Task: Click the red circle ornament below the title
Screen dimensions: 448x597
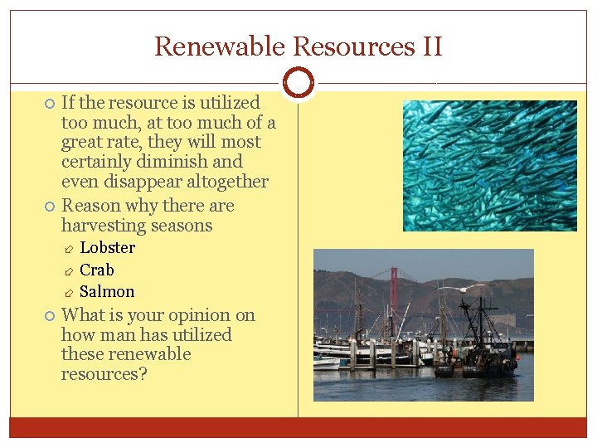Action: (x=298, y=83)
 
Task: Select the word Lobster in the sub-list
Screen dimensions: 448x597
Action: (x=107, y=248)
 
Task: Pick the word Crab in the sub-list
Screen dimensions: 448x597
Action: (x=97, y=270)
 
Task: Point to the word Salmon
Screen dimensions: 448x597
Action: (x=107, y=291)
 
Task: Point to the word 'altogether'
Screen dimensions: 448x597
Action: (x=228, y=182)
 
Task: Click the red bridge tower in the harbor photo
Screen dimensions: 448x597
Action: (x=394, y=290)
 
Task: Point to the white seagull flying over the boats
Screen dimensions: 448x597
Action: (x=453, y=288)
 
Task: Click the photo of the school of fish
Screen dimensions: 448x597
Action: (x=489, y=166)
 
